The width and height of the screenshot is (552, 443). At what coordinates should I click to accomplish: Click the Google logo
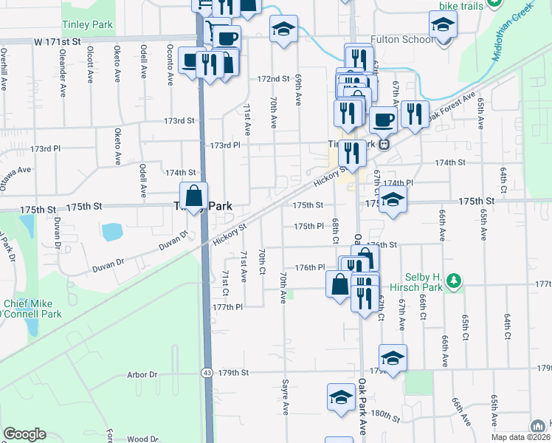(x=24, y=434)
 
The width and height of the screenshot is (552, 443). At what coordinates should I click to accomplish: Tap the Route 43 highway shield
(x=207, y=374)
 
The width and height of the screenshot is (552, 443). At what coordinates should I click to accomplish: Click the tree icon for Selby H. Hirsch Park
(x=455, y=281)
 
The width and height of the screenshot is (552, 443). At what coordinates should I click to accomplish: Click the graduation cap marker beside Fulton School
(x=443, y=28)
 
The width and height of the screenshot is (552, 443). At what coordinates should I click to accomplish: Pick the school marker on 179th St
(x=393, y=358)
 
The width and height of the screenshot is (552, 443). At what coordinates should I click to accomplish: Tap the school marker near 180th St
(x=341, y=397)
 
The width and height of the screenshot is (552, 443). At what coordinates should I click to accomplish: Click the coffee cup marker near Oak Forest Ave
(x=382, y=118)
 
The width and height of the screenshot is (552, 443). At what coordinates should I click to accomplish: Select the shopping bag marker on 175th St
(x=193, y=197)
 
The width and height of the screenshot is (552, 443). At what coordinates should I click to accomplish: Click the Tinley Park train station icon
(x=384, y=145)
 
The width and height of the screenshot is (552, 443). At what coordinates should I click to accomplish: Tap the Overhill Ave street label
(x=4, y=69)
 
